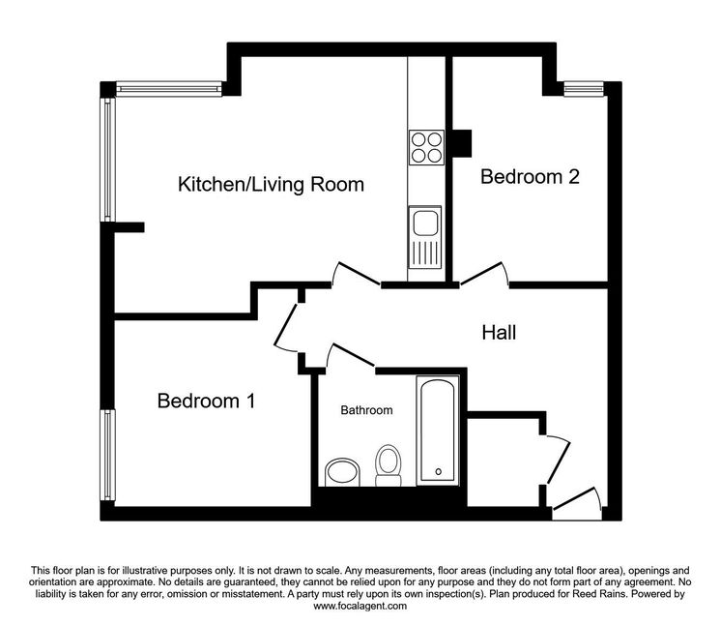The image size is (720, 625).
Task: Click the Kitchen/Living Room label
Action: coord(271,184)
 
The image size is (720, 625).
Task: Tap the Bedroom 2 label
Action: coord(530,177)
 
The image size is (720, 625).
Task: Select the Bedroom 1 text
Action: coord(206,401)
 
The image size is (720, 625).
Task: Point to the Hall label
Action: coord(499,332)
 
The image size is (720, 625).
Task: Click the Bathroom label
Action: coord(366,410)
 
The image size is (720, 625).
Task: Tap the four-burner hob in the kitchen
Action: coord(426,147)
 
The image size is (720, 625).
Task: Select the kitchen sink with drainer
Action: coord(424,237)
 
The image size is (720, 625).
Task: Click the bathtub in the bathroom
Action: coord(438,431)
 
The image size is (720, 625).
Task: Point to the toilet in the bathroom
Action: coord(389,465)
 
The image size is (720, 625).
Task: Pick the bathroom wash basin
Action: coord(342,472)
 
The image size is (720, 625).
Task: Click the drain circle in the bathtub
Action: coord(439,471)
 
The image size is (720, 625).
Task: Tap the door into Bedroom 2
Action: coord(484,274)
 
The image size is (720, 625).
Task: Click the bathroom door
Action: coord(351,355)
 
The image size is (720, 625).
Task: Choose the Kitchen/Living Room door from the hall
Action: coord(357,275)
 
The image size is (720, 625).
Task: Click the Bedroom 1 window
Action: coord(108,455)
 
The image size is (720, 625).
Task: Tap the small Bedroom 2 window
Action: coord(584,89)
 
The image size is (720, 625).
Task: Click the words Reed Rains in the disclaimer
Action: coord(598,594)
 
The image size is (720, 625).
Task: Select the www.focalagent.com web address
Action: coord(360,606)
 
